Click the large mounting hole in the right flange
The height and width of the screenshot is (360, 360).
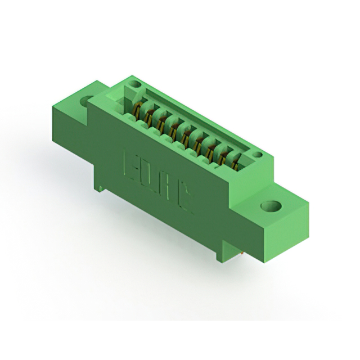click(x=271, y=206)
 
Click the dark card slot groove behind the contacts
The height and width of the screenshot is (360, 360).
click(x=191, y=121)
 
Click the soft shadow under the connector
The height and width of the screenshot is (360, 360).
click(x=169, y=264)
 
